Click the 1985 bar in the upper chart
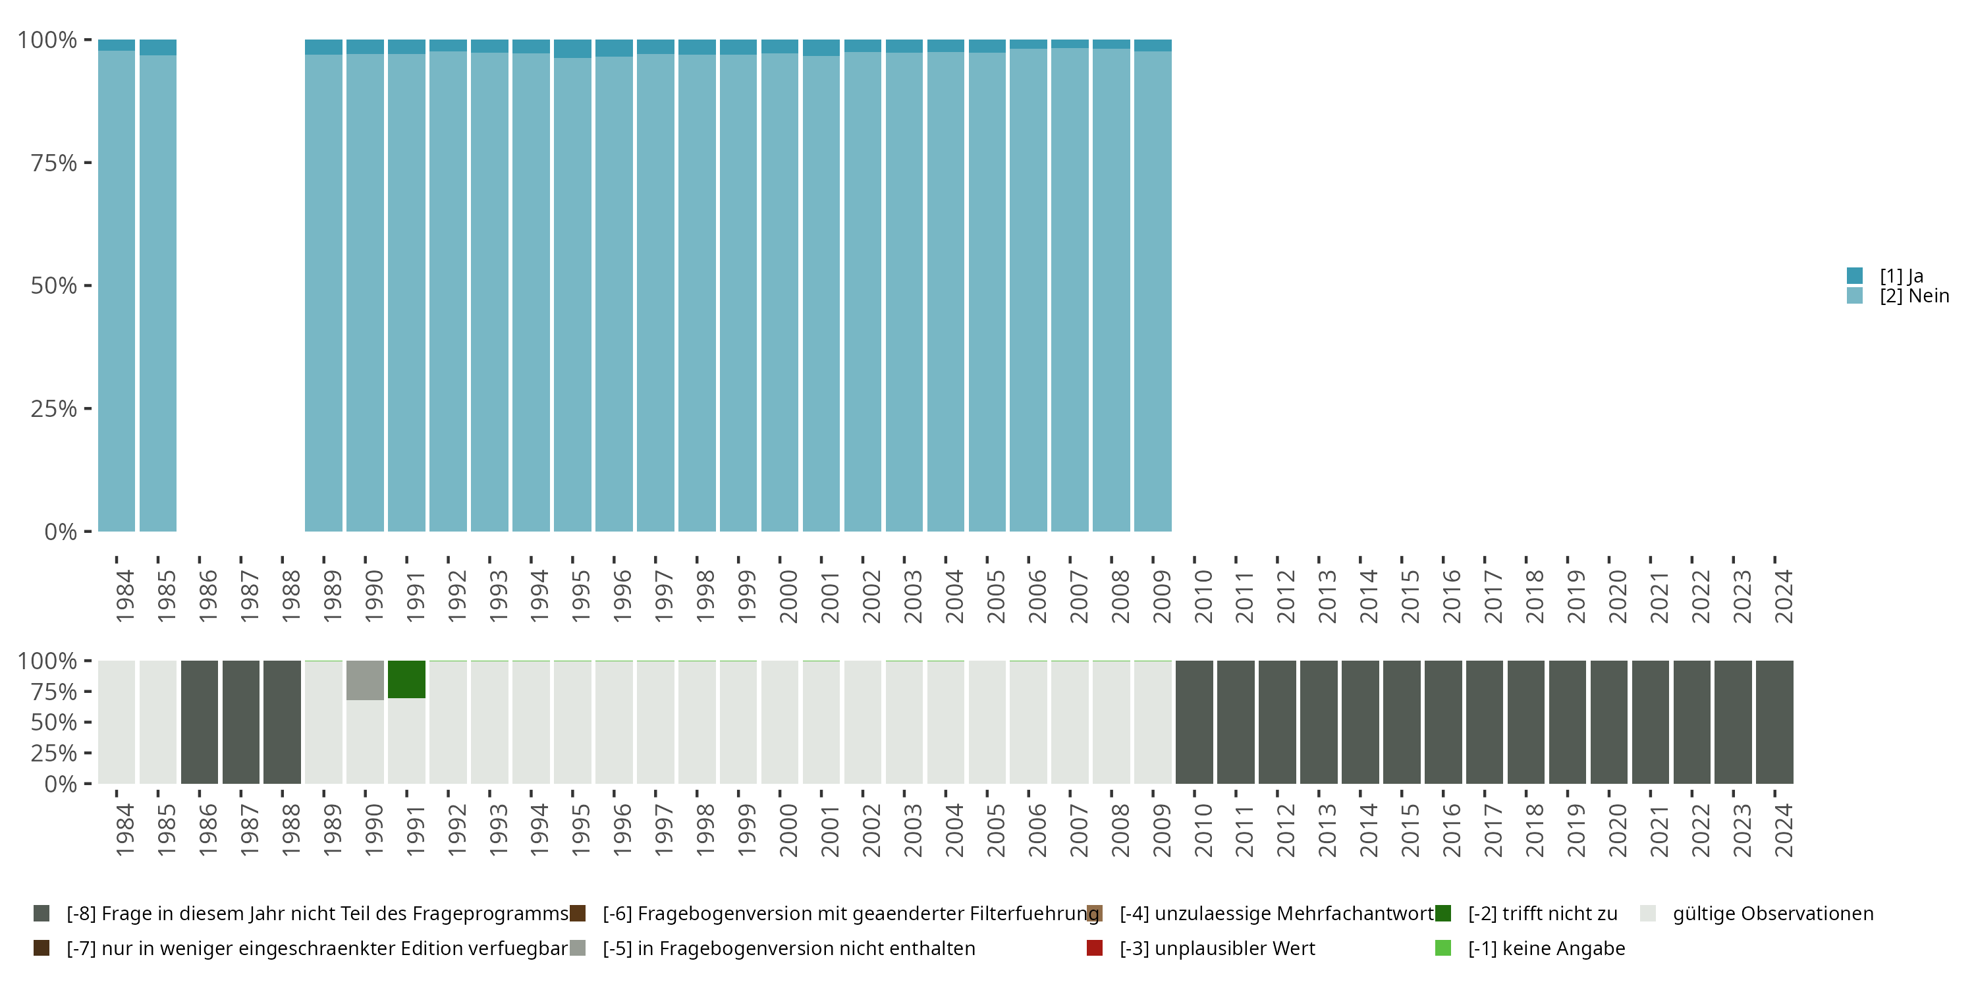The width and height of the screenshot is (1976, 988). [158, 292]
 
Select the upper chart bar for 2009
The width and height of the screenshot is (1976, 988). [1152, 292]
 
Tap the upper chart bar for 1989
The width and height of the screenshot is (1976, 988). [323, 292]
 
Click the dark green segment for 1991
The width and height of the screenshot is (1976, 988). [406, 679]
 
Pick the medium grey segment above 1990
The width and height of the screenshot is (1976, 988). [365, 680]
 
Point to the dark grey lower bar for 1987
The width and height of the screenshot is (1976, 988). [241, 722]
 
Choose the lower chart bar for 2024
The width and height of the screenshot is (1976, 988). [1774, 722]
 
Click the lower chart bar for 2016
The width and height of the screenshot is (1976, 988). [1443, 722]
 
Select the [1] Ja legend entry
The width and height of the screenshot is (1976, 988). [1901, 275]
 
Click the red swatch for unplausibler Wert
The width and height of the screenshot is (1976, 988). [1095, 948]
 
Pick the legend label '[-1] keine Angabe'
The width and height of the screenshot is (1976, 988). [1546, 948]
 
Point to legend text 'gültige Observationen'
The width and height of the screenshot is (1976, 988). [1772, 914]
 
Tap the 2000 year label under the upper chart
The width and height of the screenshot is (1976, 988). [788, 597]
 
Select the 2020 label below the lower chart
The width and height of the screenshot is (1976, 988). [1617, 831]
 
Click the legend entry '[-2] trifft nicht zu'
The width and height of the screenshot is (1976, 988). [1542, 914]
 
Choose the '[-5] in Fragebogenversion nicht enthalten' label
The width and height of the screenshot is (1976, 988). [788, 948]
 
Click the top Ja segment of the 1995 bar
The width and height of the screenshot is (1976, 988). [572, 48]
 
